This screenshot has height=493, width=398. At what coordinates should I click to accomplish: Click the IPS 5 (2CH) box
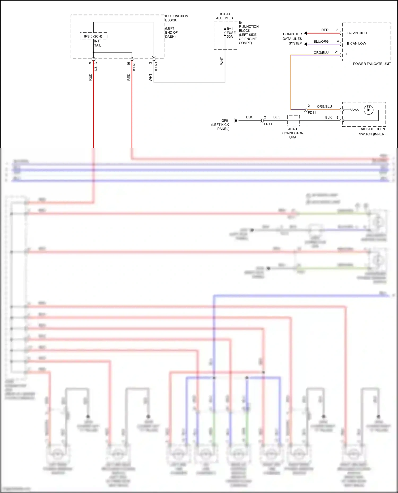point(93,36)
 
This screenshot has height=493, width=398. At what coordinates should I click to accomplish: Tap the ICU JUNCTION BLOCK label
point(176,18)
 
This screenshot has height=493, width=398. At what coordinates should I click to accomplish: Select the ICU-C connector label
point(96,66)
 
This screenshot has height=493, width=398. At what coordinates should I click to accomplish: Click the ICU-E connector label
point(134,66)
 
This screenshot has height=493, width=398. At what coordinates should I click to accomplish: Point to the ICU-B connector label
point(156,66)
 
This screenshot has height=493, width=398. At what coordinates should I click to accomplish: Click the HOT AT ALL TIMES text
point(224,16)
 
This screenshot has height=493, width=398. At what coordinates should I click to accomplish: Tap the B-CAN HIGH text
point(357,33)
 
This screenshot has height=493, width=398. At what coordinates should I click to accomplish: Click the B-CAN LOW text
point(356,43)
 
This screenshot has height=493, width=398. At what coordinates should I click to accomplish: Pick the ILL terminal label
point(348,54)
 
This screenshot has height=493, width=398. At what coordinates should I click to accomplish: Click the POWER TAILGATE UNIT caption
point(371,64)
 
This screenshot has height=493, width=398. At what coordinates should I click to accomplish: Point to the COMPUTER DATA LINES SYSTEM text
point(292,39)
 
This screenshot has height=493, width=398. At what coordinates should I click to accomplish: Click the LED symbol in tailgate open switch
point(368,110)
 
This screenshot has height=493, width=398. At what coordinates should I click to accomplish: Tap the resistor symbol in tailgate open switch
point(354,110)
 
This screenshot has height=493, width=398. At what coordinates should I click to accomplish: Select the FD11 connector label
point(312,113)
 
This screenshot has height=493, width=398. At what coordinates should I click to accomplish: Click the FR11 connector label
point(268,124)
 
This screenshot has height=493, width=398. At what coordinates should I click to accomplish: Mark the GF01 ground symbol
point(235,121)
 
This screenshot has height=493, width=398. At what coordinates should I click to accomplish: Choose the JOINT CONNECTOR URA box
point(293,121)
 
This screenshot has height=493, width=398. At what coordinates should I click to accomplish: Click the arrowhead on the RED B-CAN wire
point(306,33)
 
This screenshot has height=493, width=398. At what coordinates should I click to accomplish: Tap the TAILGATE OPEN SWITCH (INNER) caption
point(372,132)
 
